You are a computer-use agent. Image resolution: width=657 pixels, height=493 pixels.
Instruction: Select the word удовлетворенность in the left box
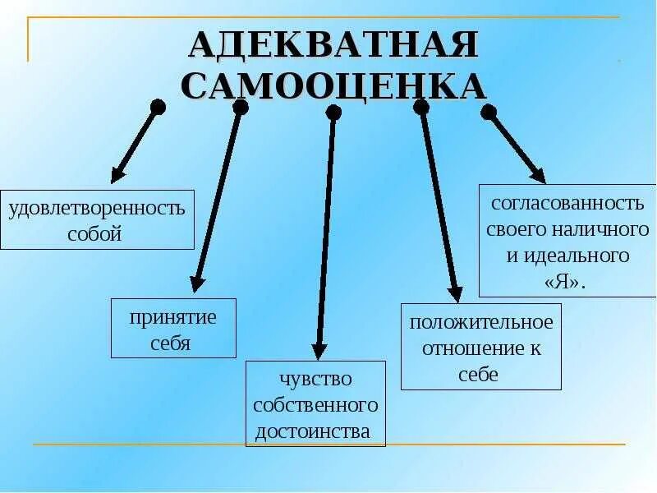tap(97, 208)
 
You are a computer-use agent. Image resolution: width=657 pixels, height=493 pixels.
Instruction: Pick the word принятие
tap(172, 317)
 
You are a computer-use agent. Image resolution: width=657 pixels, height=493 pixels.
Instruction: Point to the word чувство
tap(315, 379)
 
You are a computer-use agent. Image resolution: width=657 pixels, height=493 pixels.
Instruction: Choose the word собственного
tap(315, 405)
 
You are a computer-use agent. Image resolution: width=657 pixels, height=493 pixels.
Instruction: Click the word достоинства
tap(313, 431)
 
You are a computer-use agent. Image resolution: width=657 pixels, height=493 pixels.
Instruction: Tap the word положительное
tap(481, 321)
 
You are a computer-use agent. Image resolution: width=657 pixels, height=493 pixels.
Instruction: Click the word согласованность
tap(566, 202)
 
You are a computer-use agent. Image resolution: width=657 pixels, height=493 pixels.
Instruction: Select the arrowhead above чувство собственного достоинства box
tap(320, 351)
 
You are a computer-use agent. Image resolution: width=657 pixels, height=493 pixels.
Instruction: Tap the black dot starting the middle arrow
tap(333, 113)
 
